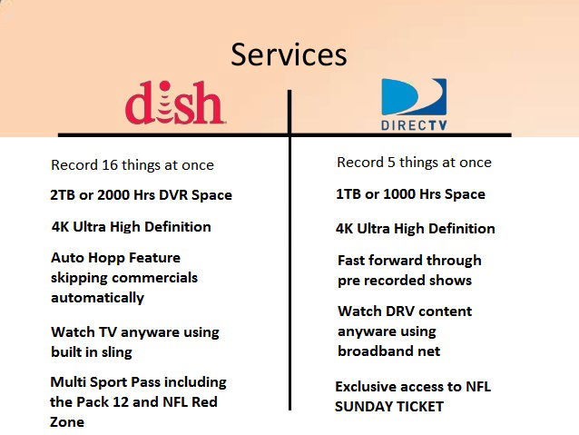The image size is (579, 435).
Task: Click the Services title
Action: coord(289,54)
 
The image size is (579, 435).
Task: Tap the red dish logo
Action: coord(174,103)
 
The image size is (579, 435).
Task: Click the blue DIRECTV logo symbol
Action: coord(414,97)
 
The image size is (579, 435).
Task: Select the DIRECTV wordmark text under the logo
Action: coord(414,125)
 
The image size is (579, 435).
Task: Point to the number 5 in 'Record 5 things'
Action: coord(391,163)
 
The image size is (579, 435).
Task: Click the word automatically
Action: coord(97,298)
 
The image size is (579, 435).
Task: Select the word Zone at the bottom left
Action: coord(67,421)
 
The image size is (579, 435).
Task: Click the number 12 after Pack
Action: coord(121,401)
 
